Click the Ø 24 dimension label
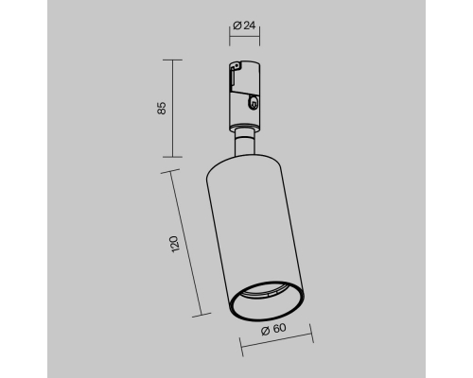tap(244, 26)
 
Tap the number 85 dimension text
tap(161, 108)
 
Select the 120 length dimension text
tap(174, 244)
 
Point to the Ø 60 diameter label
tap(273, 329)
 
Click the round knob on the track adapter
tap(253, 103)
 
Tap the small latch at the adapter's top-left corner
tap(235, 65)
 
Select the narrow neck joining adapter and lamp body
tap(245, 143)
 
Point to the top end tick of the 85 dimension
tap(172, 60)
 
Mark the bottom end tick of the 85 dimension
tap(172, 157)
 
